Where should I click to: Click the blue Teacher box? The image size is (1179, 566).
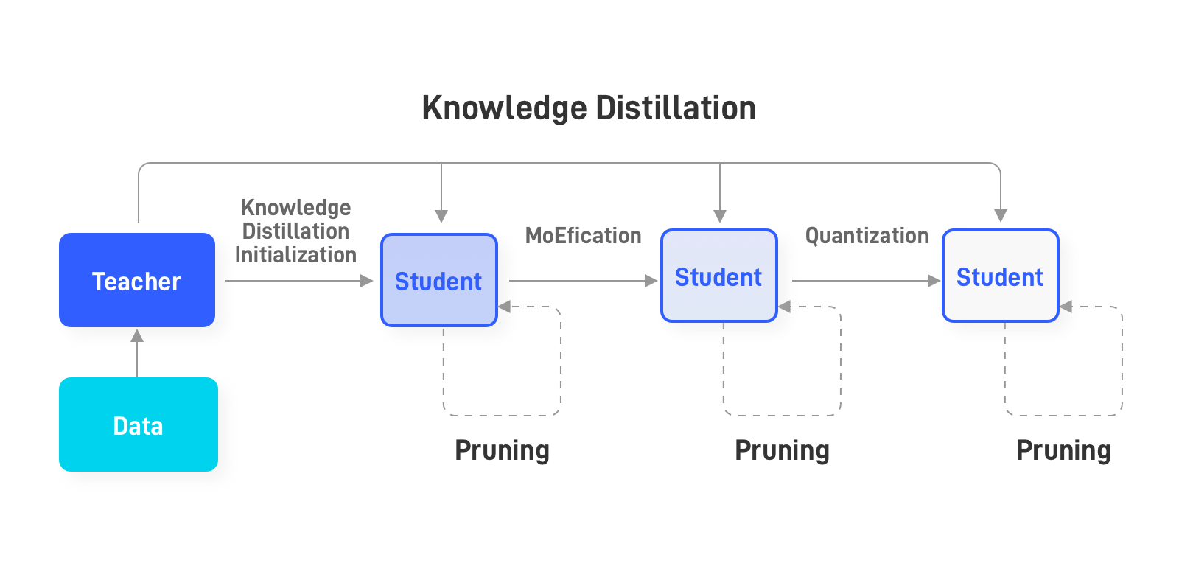click(x=137, y=280)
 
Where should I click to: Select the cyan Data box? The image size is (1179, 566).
click(x=139, y=424)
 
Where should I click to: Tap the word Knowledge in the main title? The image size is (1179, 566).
click(x=504, y=109)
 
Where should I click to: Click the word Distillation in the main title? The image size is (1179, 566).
click(x=676, y=108)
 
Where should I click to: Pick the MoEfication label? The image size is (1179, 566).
click(x=583, y=235)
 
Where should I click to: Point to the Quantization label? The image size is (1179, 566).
click(x=867, y=235)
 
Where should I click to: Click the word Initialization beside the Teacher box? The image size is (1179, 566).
click(x=295, y=255)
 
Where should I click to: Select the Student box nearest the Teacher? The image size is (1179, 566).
click(x=439, y=280)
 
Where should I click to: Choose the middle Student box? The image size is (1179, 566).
click(x=719, y=276)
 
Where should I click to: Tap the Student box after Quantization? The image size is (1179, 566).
click(x=1001, y=276)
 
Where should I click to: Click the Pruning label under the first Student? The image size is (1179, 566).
click(x=502, y=451)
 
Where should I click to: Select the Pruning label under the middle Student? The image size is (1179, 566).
click(x=782, y=451)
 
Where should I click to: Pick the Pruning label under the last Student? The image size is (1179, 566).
click(x=1064, y=451)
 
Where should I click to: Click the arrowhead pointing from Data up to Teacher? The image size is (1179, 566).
click(x=137, y=335)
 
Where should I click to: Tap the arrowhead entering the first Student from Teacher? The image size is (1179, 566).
click(x=367, y=281)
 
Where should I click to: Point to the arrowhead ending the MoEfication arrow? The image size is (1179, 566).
click(x=651, y=281)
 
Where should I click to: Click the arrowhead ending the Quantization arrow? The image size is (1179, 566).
click(x=934, y=281)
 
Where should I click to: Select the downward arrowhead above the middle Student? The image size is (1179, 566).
click(x=720, y=216)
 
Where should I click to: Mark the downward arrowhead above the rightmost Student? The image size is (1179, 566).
click(x=1001, y=216)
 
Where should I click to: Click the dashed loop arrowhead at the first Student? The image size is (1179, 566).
click(x=504, y=307)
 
